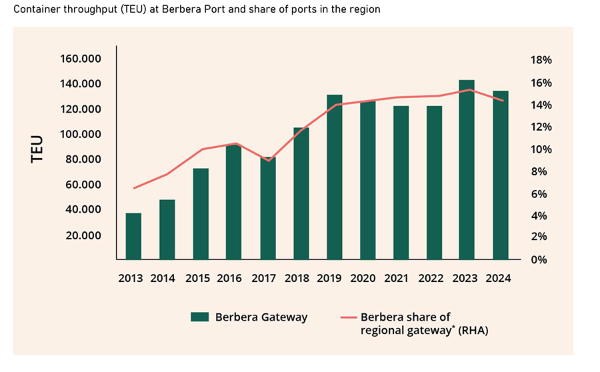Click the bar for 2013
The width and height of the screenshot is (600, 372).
click(133, 236)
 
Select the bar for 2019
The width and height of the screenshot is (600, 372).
click(334, 177)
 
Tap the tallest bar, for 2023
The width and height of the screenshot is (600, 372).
click(467, 169)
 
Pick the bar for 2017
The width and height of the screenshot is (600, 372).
click(267, 208)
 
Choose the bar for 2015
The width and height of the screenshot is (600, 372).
click(201, 213)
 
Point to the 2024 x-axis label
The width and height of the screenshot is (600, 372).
click(499, 279)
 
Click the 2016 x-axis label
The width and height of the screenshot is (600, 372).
click(229, 279)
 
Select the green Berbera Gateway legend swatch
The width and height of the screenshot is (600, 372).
click(199, 317)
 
